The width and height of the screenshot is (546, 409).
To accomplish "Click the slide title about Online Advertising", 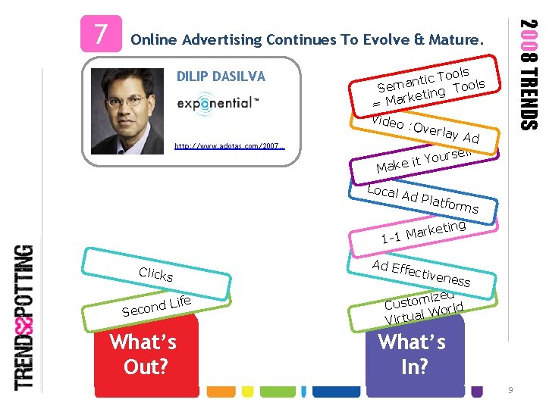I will (x=307, y=39).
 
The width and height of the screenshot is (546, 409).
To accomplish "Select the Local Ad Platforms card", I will (x=422, y=196).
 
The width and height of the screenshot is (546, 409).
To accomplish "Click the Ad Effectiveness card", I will (x=421, y=272).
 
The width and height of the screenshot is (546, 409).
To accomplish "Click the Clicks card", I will (x=156, y=274).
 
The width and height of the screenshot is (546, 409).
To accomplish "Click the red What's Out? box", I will (x=143, y=353).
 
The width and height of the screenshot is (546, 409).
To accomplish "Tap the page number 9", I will (x=511, y=389).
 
